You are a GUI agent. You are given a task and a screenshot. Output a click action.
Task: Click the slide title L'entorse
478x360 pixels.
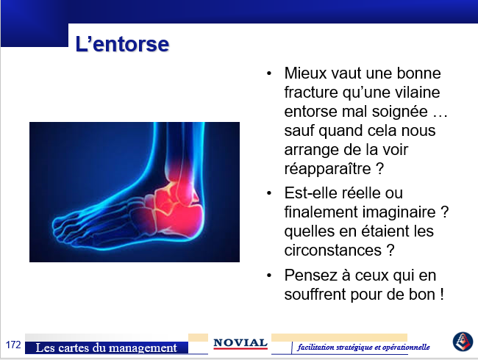pos(122,44)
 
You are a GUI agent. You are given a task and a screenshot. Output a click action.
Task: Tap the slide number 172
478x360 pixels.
pos(13,345)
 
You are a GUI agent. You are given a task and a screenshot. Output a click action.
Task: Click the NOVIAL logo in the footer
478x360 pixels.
pos(240,344)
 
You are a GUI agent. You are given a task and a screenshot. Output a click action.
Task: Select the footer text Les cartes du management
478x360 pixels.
pos(106,348)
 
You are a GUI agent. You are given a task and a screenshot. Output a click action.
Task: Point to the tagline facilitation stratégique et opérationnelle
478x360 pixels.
pos(364,347)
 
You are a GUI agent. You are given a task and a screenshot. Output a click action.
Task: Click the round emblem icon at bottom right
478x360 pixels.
pos(463,342)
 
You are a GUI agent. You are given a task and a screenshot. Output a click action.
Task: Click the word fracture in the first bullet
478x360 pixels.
pos(311,92)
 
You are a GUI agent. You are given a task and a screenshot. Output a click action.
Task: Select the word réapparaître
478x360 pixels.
pos(327,169)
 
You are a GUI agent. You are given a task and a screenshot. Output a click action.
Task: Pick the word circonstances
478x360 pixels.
pos(333,251)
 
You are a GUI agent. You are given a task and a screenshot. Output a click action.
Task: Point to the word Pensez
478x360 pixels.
pos(310,276)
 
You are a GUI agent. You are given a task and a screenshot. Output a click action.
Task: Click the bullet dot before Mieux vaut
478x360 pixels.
pos(269,73)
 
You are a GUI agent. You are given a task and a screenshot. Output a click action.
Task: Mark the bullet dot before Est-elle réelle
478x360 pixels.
pos(269,193)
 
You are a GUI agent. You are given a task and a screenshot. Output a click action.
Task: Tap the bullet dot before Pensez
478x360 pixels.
pos(269,276)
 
